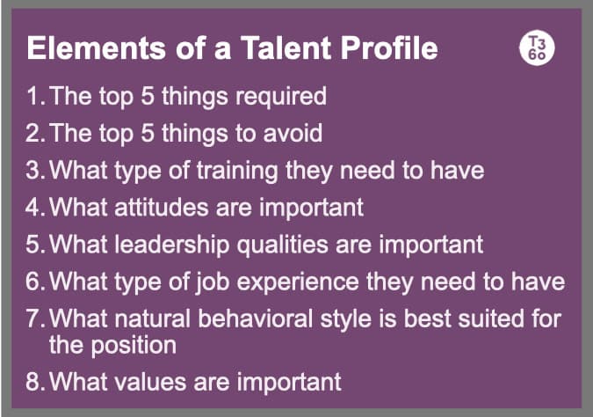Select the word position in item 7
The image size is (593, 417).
(x=137, y=344)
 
